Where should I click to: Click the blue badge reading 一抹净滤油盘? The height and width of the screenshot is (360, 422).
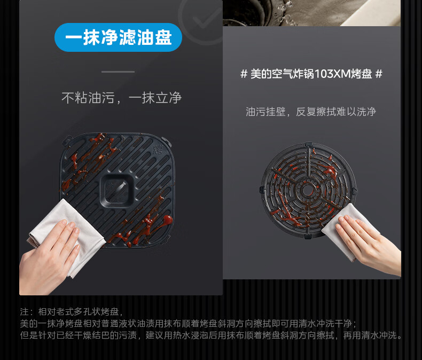click(118, 37)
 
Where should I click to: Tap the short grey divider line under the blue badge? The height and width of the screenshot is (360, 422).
click(118, 72)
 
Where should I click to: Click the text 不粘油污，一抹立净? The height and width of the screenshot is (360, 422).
click(121, 98)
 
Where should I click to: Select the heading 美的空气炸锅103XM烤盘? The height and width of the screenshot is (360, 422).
click(311, 74)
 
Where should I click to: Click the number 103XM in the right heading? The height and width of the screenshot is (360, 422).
click(332, 74)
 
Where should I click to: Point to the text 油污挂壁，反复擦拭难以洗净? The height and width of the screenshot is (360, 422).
click(311, 112)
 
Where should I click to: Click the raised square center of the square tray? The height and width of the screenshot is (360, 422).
click(117, 191)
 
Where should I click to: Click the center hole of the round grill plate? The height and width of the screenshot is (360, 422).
click(307, 190)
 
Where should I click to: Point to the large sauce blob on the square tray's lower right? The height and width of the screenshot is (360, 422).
click(167, 220)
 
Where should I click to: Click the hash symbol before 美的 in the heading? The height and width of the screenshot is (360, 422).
click(244, 74)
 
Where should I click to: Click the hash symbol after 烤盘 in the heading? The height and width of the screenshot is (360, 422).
click(379, 74)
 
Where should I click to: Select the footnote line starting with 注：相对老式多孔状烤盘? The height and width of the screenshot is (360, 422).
click(72, 311)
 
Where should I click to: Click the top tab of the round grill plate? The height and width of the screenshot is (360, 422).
click(309, 144)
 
